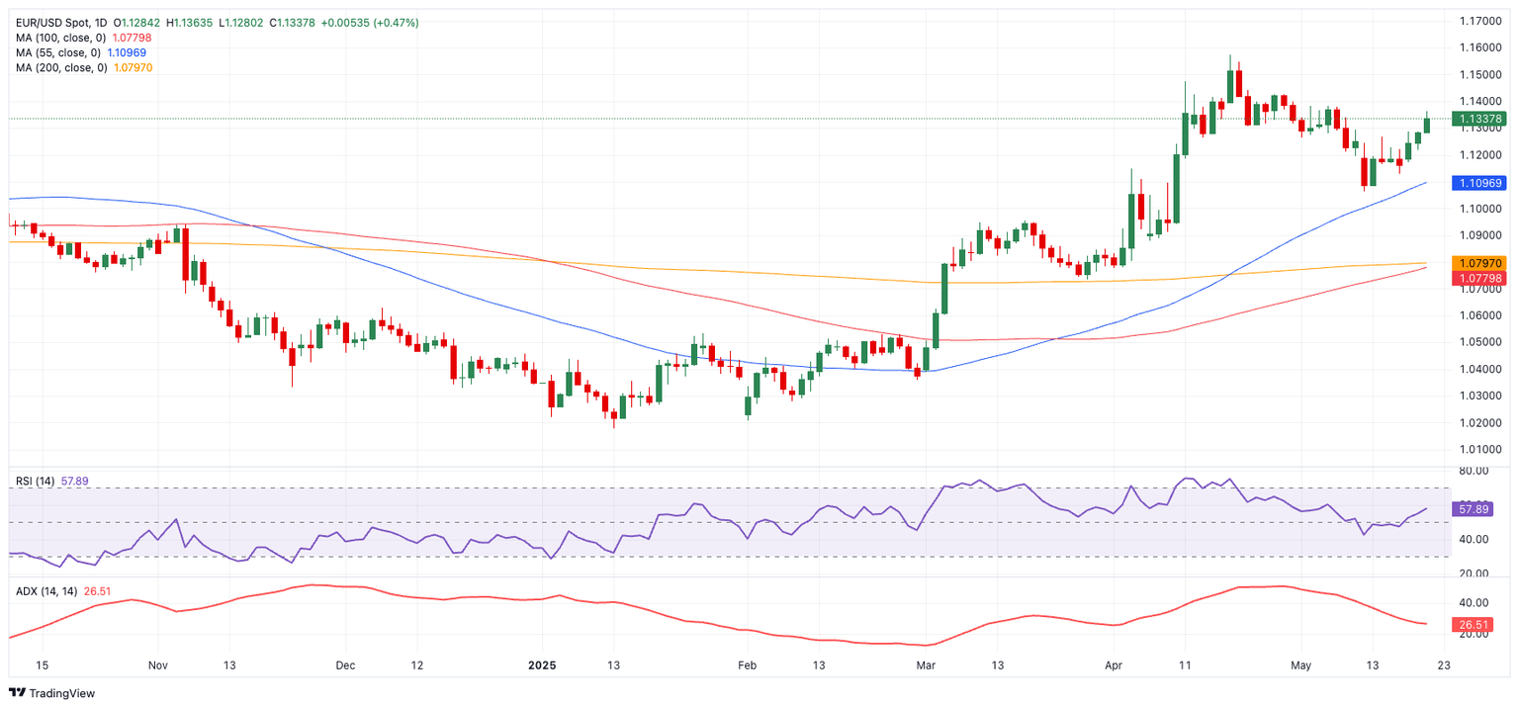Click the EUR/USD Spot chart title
60,23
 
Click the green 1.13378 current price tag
1477,119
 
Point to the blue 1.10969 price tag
1477,183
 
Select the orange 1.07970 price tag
1477,263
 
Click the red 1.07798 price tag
1477,278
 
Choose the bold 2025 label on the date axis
542,665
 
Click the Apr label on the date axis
1114,665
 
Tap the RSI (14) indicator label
36,482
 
